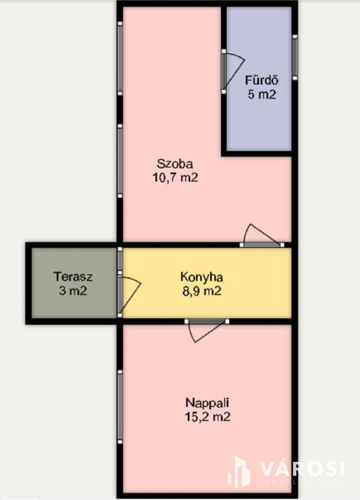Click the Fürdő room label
point(262,80)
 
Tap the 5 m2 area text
point(262,94)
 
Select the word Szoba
point(175,164)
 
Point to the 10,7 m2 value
point(175,178)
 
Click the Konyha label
point(202,277)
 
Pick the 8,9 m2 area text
point(202,291)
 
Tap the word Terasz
point(73,277)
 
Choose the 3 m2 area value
point(73,291)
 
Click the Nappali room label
point(207,403)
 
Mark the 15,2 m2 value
point(207,417)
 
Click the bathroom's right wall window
point(295,57)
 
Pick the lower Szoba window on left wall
point(120,161)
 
